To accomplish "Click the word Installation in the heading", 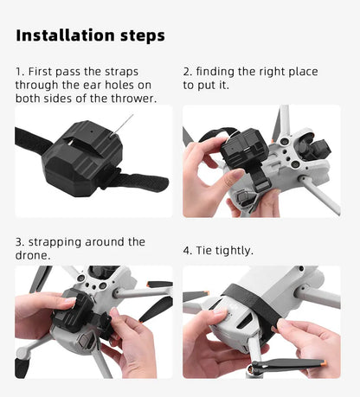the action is [65, 35].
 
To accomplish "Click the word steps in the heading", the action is [143, 36].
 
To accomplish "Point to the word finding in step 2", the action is [215, 72].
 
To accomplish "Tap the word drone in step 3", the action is [31, 255].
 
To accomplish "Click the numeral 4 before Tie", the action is [187, 251].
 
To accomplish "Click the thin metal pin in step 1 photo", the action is [123, 125].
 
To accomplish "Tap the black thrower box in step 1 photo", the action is [82, 158].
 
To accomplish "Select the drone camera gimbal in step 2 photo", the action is [314, 148].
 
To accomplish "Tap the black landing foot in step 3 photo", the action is [22, 368].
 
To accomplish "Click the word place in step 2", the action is [303, 72].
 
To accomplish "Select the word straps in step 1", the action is [121, 72].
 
